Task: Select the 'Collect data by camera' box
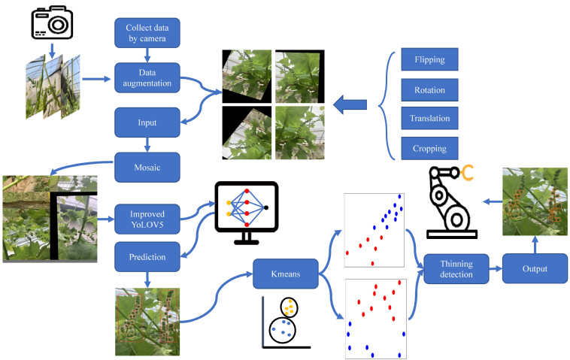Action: pyautogui.click(x=147, y=33)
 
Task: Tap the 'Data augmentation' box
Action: pyautogui.click(x=147, y=77)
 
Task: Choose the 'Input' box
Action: pyautogui.click(x=147, y=121)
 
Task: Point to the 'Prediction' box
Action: pyautogui.click(x=147, y=257)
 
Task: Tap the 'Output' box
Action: pyautogui.click(x=535, y=268)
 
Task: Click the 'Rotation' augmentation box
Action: pyautogui.click(x=429, y=90)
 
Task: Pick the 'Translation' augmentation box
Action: pyautogui.click(x=429, y=118)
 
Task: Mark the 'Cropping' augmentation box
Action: pyautogui.click(x=429, y=148)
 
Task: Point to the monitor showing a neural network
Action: pyautogui.click(x=247, y=212)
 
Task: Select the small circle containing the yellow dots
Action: pyautogui.click(x=288, y=307)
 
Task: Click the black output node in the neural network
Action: pyautogui.click(x=266, y=207)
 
